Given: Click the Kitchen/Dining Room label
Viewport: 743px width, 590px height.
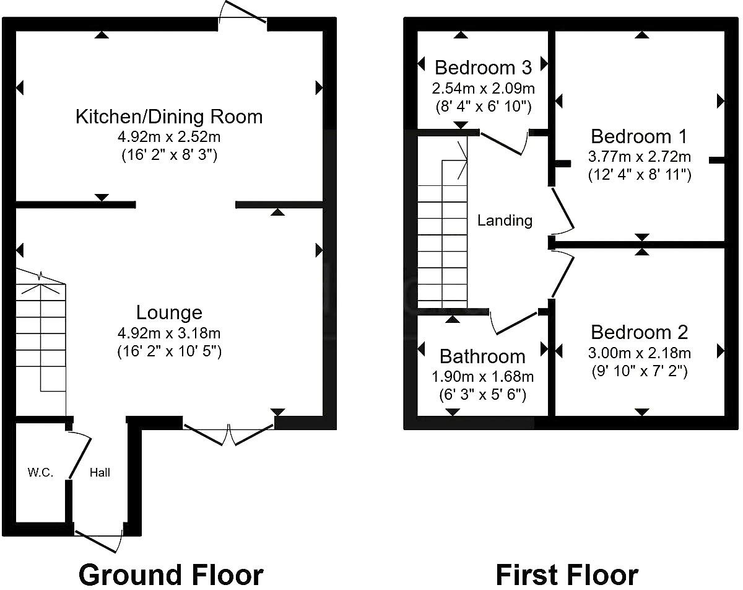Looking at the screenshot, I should [169, 117].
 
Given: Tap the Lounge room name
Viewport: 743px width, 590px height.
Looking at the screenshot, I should [169, 312].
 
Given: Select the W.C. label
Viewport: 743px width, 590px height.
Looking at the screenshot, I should [40, 473].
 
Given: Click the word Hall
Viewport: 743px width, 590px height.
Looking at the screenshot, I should [100, 473].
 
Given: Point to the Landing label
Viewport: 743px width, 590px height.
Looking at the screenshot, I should [505, 220].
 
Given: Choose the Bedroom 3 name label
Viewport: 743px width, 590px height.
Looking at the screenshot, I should [483, 67].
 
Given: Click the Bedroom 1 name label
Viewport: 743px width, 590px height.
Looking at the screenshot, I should [639, 136].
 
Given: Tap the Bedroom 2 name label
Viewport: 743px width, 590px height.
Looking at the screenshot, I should [639, 332].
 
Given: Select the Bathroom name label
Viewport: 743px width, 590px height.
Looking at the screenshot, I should [482, 356].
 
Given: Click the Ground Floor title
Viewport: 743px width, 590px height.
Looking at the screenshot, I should [171, 575].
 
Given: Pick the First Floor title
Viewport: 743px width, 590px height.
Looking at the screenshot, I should [567, 575].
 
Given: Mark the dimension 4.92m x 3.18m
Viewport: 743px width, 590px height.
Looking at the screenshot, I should [169, 333].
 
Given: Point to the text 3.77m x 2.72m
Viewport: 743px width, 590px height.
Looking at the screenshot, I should [639, 156].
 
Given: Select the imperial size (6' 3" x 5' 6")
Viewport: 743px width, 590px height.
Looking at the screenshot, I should [482, 395].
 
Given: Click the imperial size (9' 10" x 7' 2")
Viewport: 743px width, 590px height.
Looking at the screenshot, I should [639, 371].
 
